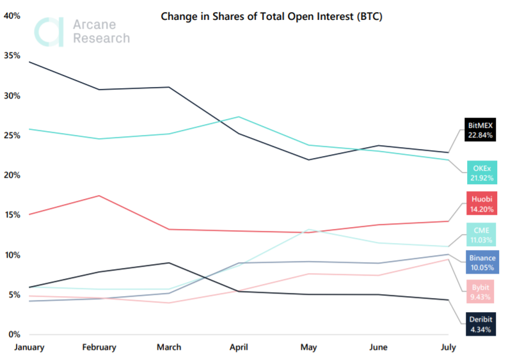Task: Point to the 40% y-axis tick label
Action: point(12,16)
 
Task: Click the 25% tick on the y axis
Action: point(12,136)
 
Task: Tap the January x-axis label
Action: point(29,347)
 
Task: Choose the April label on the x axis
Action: point(239,347)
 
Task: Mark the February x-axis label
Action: point(99,347)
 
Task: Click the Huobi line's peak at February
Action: point(99,196)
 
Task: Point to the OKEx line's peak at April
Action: point(239,117)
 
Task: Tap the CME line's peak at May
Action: point(308,230)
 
